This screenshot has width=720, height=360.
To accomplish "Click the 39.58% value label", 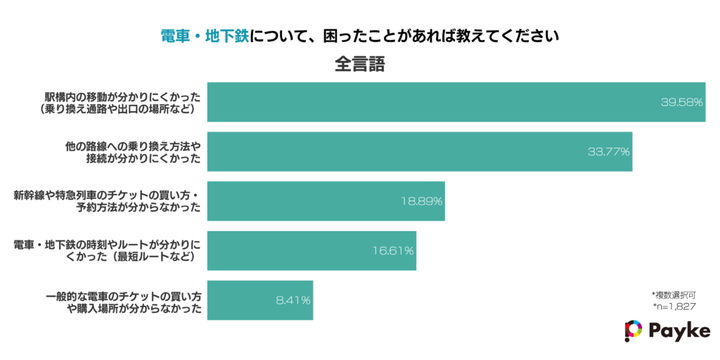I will click(x=681, y=102).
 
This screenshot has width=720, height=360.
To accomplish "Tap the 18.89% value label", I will click(x=421, y=201).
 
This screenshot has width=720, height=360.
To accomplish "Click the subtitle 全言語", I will click(x=359, y=64).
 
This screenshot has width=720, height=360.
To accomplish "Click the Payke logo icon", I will click(x=633, y=331).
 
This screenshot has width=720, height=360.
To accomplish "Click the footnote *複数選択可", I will click(x=674, y=295).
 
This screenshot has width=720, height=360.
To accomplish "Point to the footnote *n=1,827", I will click(x=674, y=307).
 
